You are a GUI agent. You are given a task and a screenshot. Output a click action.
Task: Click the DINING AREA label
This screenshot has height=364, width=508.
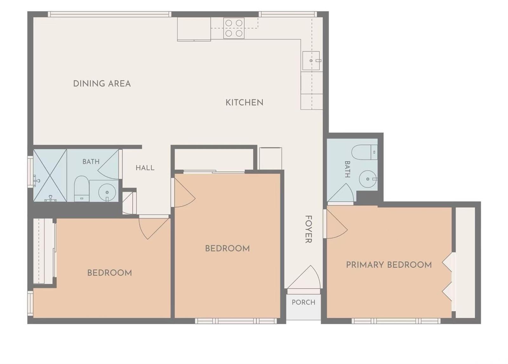point(102,84)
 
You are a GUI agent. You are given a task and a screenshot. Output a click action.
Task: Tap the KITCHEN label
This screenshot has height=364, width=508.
point(244,103)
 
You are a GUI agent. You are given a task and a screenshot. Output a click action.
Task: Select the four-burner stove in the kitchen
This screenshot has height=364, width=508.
point(234,28)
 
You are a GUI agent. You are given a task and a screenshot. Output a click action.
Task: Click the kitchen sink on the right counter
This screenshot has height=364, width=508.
point(311,61)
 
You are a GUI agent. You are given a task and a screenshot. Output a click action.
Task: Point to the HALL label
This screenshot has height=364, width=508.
point(145,168)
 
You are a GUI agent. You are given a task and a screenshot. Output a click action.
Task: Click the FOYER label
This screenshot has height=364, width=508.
point(308,229)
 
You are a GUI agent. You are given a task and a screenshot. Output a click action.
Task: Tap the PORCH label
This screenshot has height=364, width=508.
point(304,302)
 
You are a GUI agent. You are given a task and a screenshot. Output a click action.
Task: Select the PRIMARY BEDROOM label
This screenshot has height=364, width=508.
point(389,265)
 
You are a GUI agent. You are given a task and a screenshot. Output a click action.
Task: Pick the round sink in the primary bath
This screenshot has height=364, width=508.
point(368,179)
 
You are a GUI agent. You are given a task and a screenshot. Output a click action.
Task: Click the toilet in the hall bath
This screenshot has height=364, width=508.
point(81,188)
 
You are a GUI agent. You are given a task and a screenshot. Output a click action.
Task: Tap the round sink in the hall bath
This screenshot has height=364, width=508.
point(107,192)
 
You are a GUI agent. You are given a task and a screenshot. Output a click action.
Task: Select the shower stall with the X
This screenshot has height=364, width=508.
point(50,175)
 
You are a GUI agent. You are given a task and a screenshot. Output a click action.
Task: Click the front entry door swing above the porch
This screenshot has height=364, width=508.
point(304,277)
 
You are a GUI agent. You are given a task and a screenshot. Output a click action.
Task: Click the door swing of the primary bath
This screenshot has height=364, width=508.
point(340,192)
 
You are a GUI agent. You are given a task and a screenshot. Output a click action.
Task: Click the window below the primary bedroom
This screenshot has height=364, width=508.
point(396,321)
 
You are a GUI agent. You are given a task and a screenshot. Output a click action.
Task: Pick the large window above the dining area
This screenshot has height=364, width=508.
point(110,14)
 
